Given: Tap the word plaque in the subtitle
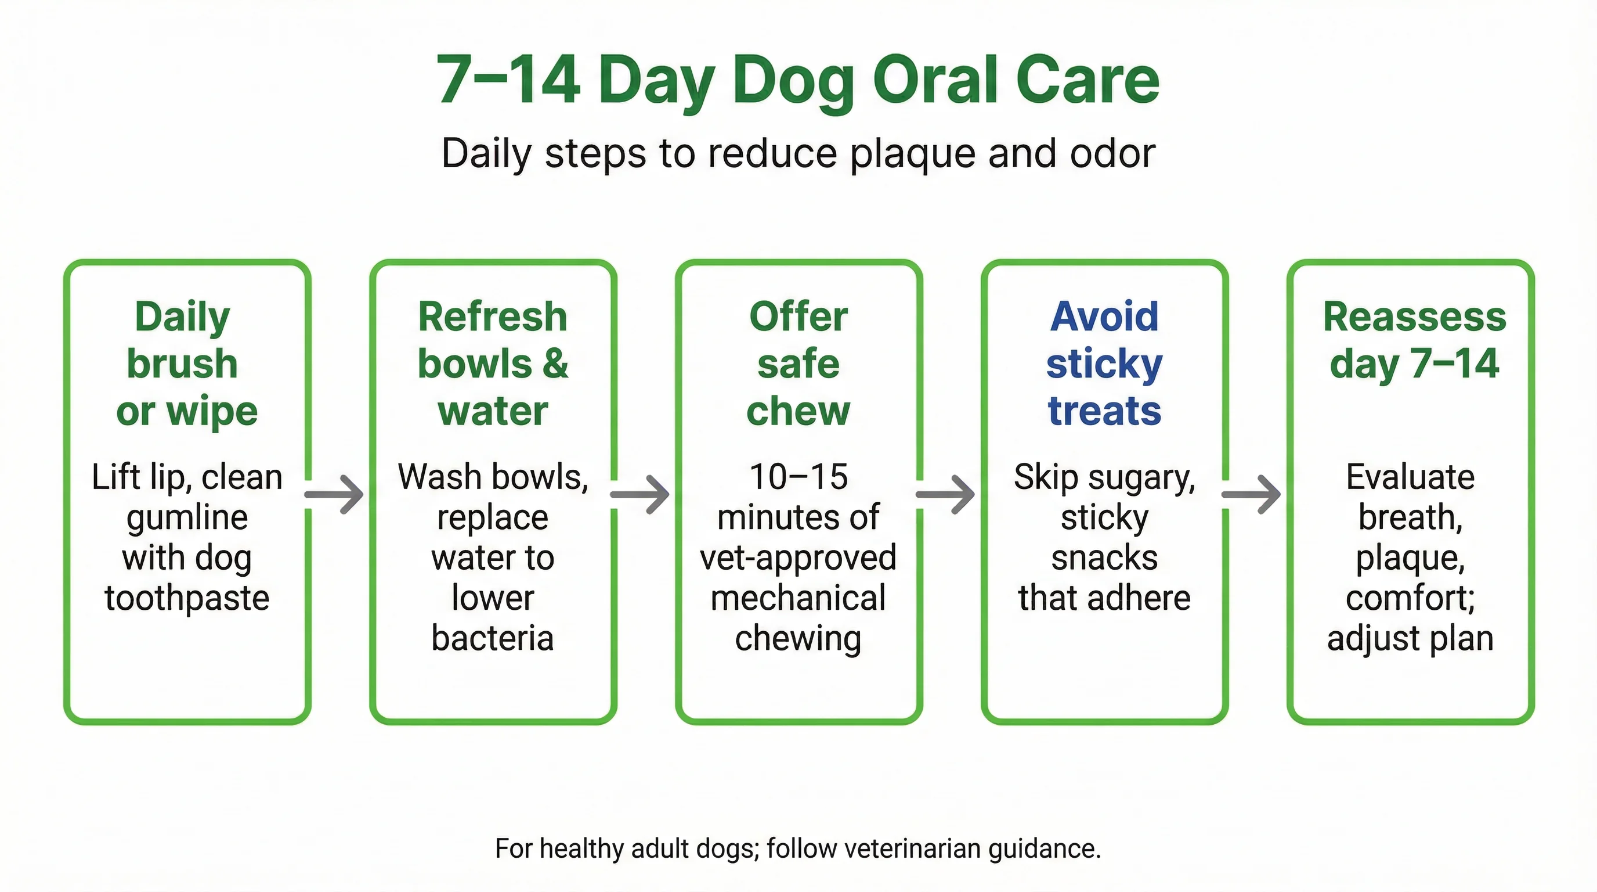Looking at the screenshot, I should [x=913, y=154].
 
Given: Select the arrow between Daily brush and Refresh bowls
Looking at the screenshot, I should [x=335, y=494].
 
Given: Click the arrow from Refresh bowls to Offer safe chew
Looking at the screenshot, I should [x=641, y=494].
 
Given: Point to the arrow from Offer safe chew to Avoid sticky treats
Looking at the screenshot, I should [x=946, y=494].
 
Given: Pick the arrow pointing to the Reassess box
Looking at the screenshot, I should [x=1252, y=494].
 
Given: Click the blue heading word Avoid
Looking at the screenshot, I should [x=1104, y=316].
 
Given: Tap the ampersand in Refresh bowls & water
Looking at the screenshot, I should [x=555, y=364].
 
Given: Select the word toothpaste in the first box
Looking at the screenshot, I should [x=187, y=598].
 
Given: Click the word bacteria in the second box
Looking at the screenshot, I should [x=492, y=638].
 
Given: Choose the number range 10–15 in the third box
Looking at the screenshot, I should [x=798, y=477].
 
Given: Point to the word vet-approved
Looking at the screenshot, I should [x=798, y=557].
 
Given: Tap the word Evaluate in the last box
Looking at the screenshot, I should [x=1410, y=477].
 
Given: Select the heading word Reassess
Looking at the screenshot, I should [x=1414, y=316].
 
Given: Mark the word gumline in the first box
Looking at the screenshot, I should [x=187, y=517].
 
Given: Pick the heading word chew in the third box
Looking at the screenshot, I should [x=798, y=411].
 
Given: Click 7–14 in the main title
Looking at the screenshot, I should [x=508, y=80].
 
